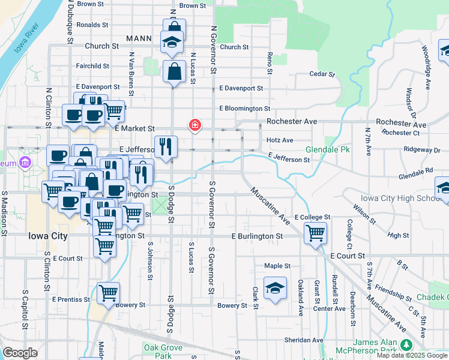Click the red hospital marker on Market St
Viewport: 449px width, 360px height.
click(194, 125)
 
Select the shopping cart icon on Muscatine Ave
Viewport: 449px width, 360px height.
click(315, 232)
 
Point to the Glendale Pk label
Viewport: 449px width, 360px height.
click(328, 149)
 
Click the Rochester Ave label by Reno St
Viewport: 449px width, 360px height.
click(292, 121)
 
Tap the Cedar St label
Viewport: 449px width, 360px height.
click(322, 74)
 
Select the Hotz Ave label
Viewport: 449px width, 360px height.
click(280, 140)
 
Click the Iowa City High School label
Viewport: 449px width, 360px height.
click(402, 199)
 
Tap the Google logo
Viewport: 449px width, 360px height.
click(20, 353)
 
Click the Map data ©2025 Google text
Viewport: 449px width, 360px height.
click(412, 355)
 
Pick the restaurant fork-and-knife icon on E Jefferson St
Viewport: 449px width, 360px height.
click(165, 145)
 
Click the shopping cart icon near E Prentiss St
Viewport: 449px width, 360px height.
click(109, 292)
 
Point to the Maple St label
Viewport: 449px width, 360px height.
click(277, 266)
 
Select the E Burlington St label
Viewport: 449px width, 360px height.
click(257, 236)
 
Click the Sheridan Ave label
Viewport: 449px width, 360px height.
click(304, 340)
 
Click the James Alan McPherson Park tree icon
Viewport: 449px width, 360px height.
click(406, 344)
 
